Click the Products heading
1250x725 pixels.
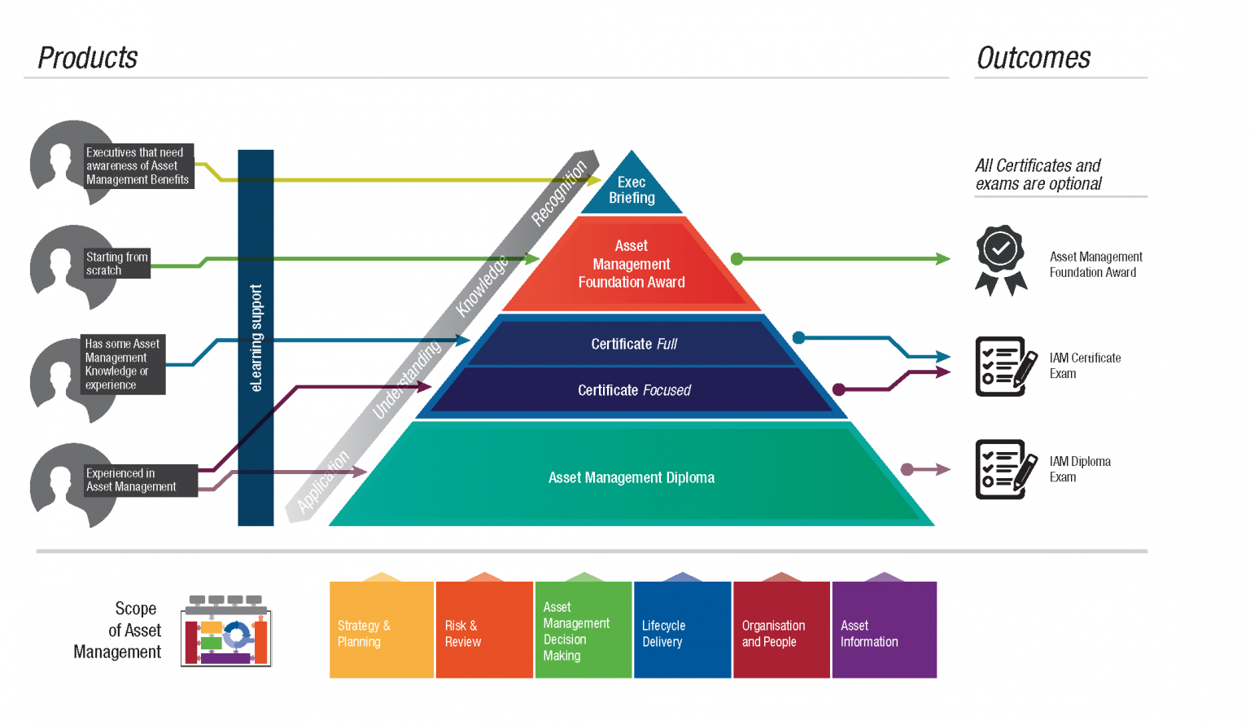click(88, 58)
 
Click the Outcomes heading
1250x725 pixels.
click(1033, 58)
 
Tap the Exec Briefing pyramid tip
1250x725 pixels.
click(632, 190)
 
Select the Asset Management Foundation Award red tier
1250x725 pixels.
click(632, 265)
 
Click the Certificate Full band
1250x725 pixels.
click(633, 344)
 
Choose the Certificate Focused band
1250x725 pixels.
click(633, 390)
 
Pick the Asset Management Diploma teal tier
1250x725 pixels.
click(632, 477)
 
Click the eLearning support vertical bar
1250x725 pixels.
click(256, 337)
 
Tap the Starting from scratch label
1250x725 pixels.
click(117, 263)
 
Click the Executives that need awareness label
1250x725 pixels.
click(138, 166)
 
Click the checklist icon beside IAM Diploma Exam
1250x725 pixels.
click(1005, 469)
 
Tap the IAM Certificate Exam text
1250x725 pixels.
click(1084, 366)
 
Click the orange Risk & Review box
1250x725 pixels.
click(484, 630)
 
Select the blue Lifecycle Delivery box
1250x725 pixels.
click(682, 630)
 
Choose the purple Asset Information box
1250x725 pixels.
click(884, 630)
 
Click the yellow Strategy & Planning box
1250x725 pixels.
click(381, 630)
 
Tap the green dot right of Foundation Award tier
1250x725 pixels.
click(736, 259)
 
